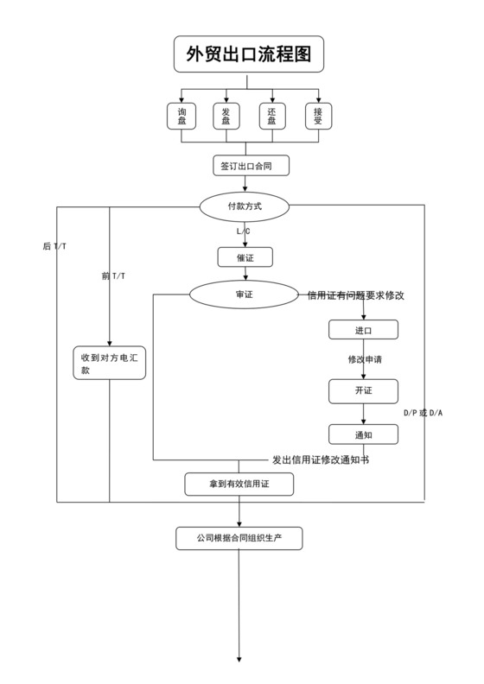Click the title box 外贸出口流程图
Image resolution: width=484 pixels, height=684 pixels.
point(249,55)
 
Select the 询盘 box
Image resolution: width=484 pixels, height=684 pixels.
point(181,117)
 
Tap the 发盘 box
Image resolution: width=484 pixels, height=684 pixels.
point(226,117)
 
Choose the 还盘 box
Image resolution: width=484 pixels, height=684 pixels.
point(272,117)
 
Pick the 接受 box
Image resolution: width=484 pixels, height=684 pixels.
point(318,117)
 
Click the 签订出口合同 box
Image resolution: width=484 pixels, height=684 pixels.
point(251,165)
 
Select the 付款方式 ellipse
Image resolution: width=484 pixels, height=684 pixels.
point(245,207)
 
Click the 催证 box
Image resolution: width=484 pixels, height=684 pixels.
point(245,256)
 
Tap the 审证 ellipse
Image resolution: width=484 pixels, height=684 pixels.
point(245,294)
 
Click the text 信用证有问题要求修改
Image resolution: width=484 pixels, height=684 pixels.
point(356,295)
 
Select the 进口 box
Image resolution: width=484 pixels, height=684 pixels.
point(363,330)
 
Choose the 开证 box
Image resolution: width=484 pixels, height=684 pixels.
point(363,391)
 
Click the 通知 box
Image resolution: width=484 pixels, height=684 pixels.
point(363,434)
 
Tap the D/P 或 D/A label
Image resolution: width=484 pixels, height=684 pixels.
point(423,413)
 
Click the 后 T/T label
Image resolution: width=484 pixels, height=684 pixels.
point(54,247)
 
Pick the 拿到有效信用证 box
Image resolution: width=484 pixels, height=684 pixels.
point(239,484)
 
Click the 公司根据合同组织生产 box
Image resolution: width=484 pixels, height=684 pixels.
point(239,538)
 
